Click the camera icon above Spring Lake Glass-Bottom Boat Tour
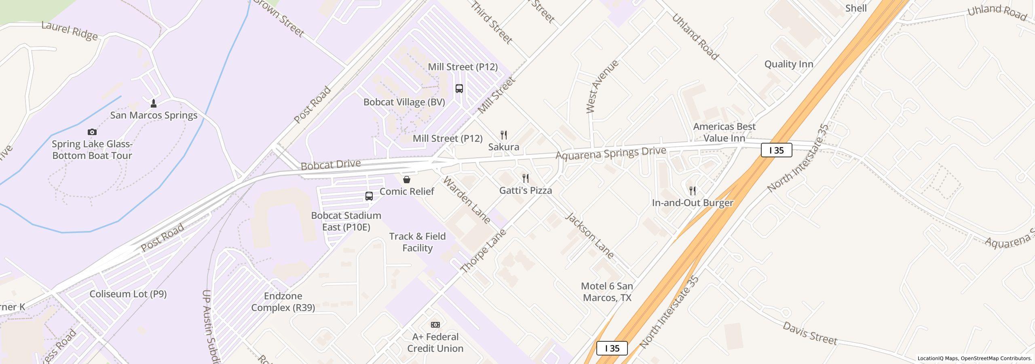92,132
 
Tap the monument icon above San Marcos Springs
154,104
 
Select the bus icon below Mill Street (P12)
459,88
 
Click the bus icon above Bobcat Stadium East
369,196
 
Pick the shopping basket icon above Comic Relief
407,179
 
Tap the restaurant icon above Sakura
504,135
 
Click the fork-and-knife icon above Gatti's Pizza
526,178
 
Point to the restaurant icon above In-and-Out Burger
693,190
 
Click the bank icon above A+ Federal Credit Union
435,325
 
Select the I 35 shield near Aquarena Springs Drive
776,150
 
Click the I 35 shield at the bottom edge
612,348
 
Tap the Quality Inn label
789,64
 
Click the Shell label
856,8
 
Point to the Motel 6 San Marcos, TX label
607,292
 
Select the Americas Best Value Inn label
724,132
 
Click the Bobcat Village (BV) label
404,102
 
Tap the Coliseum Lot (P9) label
128,294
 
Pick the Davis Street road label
810,334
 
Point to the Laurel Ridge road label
70,32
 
